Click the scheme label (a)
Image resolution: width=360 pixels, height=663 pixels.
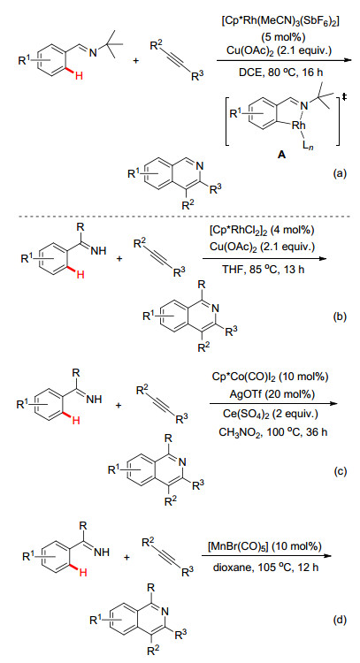pos(340,172)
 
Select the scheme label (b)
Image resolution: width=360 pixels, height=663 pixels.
pos(340,316)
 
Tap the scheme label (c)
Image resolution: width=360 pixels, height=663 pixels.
pos(340,470)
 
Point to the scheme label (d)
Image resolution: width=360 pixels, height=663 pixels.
pos(340,621)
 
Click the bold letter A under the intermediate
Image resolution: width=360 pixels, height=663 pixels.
pos(282,156)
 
